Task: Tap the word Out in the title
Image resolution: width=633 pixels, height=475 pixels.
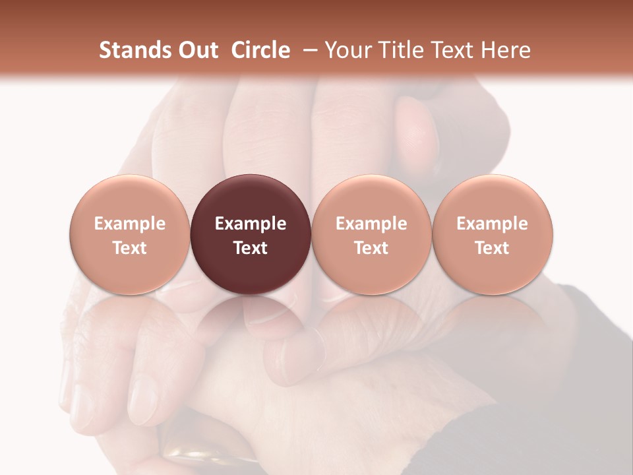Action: pyautogui.click(x=198, y=50)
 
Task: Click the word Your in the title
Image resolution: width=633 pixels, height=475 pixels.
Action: pyautogui.click(x=346, y=50)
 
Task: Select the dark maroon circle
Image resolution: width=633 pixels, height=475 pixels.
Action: pyautogui.click(x=251, y=234)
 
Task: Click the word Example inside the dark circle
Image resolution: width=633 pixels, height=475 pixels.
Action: pyautogui.click(x=251, y=224)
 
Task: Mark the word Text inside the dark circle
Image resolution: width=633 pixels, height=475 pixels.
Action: pyautogui.click(x=251, y=248)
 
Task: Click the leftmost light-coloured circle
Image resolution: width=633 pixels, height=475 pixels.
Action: pyautogui.click(x=130, y=234)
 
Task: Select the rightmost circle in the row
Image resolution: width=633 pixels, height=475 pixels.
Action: pyautogui.click(x=492, y=234)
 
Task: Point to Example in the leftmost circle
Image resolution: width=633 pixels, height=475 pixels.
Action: pyautogui.click(x=130, y=224)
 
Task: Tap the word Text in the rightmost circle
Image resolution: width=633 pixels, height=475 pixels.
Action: pyautogui.click(x=492, y=248)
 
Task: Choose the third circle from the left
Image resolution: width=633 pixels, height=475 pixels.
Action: pyautogui.click(x=371, y=234)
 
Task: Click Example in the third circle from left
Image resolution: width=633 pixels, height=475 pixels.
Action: pyautogui.click(x=371, y=224)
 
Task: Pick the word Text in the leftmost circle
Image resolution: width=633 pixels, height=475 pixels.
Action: pyautogui.click(x=130, y=248)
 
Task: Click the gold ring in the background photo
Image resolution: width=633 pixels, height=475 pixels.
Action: pyautogui.click(x=198, y=455)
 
